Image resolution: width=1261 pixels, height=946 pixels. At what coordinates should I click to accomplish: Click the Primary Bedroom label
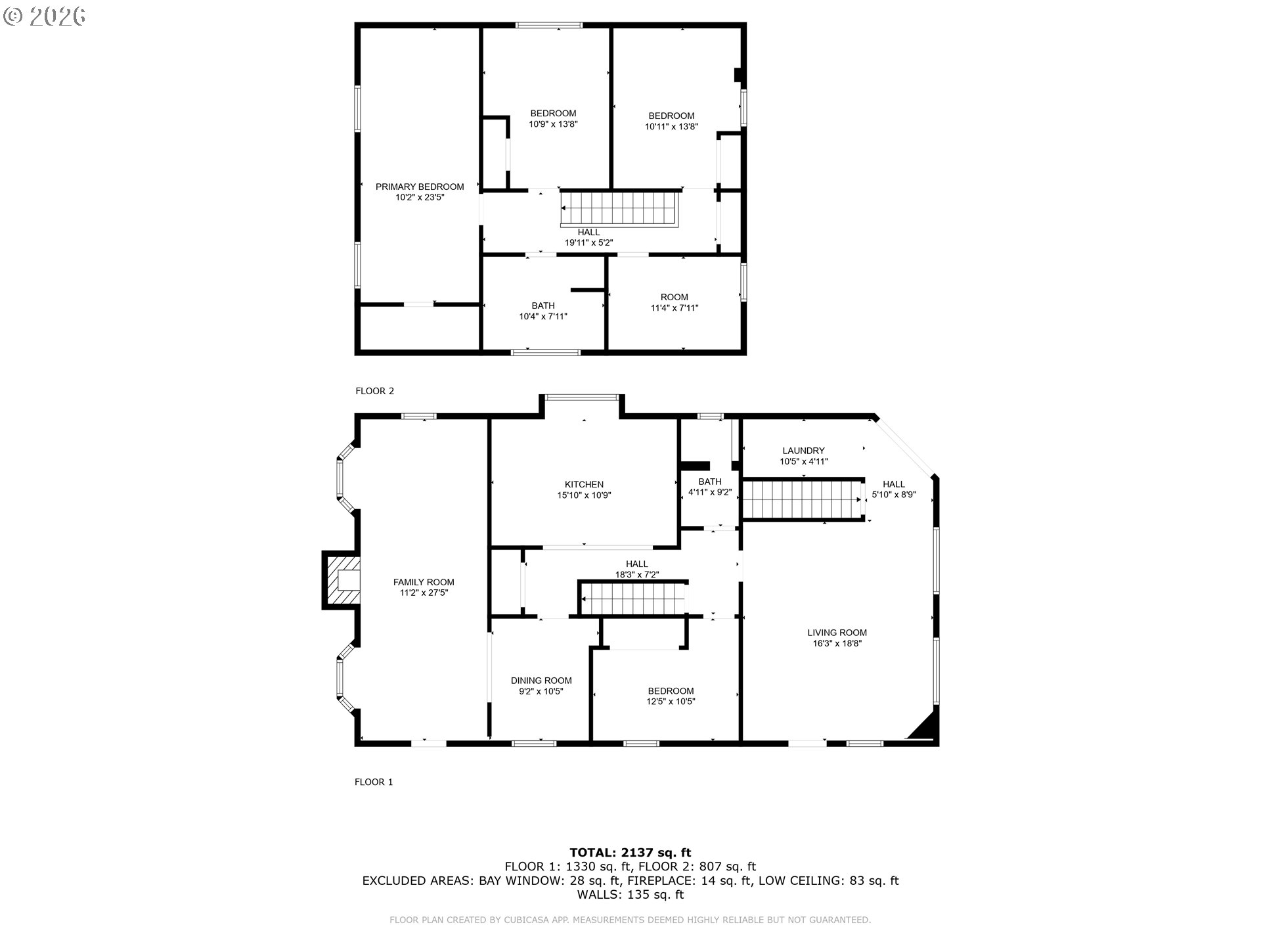tap(420, 187)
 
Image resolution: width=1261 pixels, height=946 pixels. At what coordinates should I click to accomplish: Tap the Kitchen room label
tap(584, 485)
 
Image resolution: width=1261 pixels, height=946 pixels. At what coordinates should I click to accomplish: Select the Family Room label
tap(424, 582)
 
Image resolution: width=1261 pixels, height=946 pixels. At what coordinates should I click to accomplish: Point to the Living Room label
tap(837, 633)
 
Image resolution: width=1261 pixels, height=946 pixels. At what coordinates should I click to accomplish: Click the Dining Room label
tap(541, 681)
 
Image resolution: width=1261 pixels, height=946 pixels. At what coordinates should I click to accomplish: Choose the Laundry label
tap(803, 451)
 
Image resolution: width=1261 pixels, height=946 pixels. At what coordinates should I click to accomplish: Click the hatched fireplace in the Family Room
tap(342, 581)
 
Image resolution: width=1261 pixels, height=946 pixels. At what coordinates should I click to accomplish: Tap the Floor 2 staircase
tap(619, 208)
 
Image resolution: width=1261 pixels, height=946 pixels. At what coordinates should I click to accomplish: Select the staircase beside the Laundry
tap(803, 500)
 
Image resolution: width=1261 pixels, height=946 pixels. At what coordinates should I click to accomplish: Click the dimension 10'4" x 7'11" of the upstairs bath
tap(543, 316)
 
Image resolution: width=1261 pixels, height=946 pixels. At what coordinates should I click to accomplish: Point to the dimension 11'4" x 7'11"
tap(675, 307)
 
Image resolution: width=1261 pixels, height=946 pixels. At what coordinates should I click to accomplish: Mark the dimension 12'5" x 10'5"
tap(671, 701)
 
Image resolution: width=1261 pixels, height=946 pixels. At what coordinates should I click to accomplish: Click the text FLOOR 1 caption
tap(374, 782)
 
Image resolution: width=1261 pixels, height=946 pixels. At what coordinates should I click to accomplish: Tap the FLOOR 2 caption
tap(375, 391)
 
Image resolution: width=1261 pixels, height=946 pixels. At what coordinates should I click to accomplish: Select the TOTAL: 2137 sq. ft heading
tap(630, 853)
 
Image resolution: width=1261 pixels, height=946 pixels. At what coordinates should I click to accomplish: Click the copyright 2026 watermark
tap(45, 16)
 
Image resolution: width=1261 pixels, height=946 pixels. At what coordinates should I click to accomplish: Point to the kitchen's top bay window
tap(582, 397)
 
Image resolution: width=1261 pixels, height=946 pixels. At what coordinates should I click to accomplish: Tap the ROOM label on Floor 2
tap(675, 297)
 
